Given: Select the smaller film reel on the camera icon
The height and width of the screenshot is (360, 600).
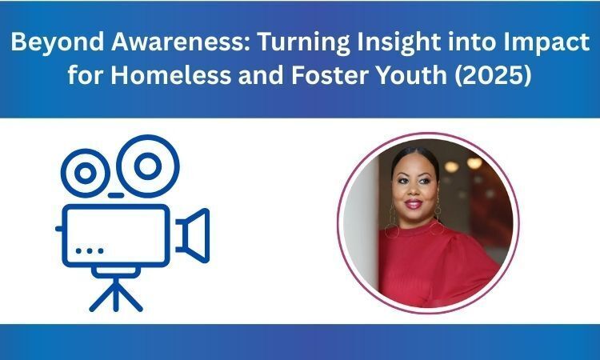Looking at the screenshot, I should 86,172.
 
